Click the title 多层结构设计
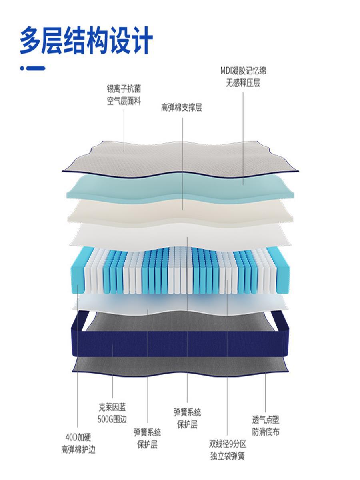coord(86,40)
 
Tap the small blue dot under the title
coord(22,68)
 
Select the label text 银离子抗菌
coord(124,88)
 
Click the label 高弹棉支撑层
coord(182,108)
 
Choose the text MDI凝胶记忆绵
coord(243,71)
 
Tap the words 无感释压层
coord(243,84)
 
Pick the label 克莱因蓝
coord(112,408)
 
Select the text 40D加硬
coord(78,437)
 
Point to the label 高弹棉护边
coord(78,450)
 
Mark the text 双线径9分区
coord(227,444)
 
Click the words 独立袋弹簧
coord(227,456)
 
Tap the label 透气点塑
coord(266,420)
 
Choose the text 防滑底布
coord(266,432)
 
